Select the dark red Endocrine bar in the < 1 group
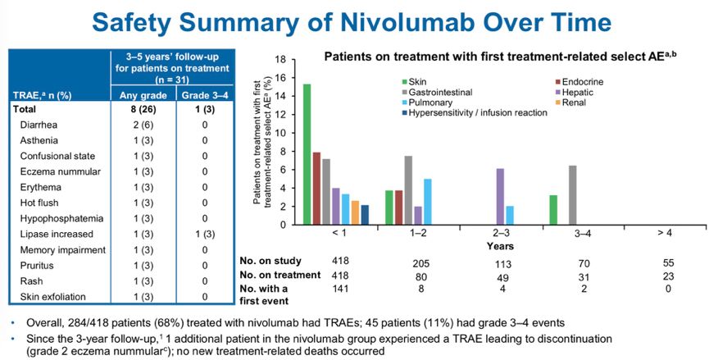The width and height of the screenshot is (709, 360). tap(316, 188)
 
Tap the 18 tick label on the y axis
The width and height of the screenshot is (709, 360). tap(280, 60)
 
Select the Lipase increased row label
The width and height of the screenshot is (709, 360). tap(52, 234)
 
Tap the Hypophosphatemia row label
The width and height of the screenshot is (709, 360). tap(57, 218)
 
